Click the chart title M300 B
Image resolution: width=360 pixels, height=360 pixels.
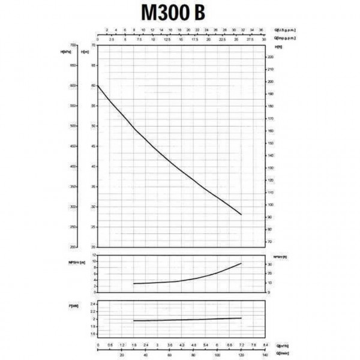(179, 12)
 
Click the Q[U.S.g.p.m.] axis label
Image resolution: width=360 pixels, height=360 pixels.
(285, 29)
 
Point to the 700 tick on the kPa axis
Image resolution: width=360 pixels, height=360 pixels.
(73, 46)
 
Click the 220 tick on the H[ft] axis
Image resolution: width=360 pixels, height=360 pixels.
(271, 57)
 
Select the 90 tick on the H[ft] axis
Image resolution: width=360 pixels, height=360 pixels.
(271, 217)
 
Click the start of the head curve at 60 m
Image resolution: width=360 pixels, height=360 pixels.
(98, 86)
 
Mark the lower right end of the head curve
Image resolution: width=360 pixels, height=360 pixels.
(241, 214)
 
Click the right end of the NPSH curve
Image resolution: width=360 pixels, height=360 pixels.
(241, 263)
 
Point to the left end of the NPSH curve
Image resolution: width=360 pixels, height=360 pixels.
(133, 283)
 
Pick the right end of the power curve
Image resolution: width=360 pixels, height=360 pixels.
(241, 318)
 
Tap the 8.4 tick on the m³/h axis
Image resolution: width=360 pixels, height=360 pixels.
(265, 346)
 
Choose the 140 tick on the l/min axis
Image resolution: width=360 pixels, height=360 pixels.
(265, 355)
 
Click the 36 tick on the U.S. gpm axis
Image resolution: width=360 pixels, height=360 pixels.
(260, 29)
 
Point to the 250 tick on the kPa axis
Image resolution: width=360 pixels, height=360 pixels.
(73, 227)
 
